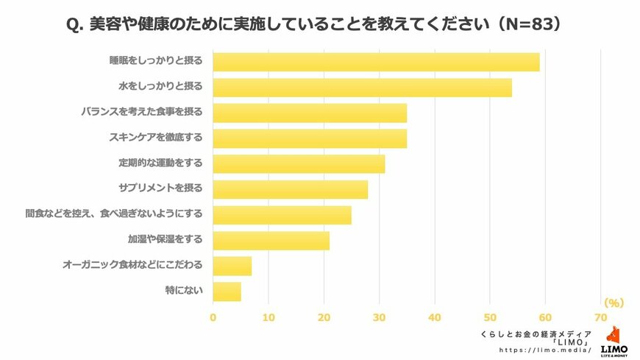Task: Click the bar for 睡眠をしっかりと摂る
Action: (x=376, y=62)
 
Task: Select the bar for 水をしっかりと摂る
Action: (x=362, y=88)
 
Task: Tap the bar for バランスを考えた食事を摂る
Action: (x=310, y=113)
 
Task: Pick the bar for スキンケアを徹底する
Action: (x=310, y=138)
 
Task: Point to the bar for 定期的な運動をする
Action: (x=299, y=163)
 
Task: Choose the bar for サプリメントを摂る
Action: (x=290, y=189)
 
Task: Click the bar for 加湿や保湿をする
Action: (x=271, y=240)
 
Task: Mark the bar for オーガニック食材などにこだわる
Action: (x=232, y=266)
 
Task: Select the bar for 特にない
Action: (x=227, y=292)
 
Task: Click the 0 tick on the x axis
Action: (x=213, y=317)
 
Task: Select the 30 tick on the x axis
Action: (x=380, y=317)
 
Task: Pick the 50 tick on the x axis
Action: (x=490, y=317)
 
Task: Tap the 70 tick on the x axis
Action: (x=601, y=317)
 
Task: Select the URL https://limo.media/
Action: (x=545, y=350)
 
